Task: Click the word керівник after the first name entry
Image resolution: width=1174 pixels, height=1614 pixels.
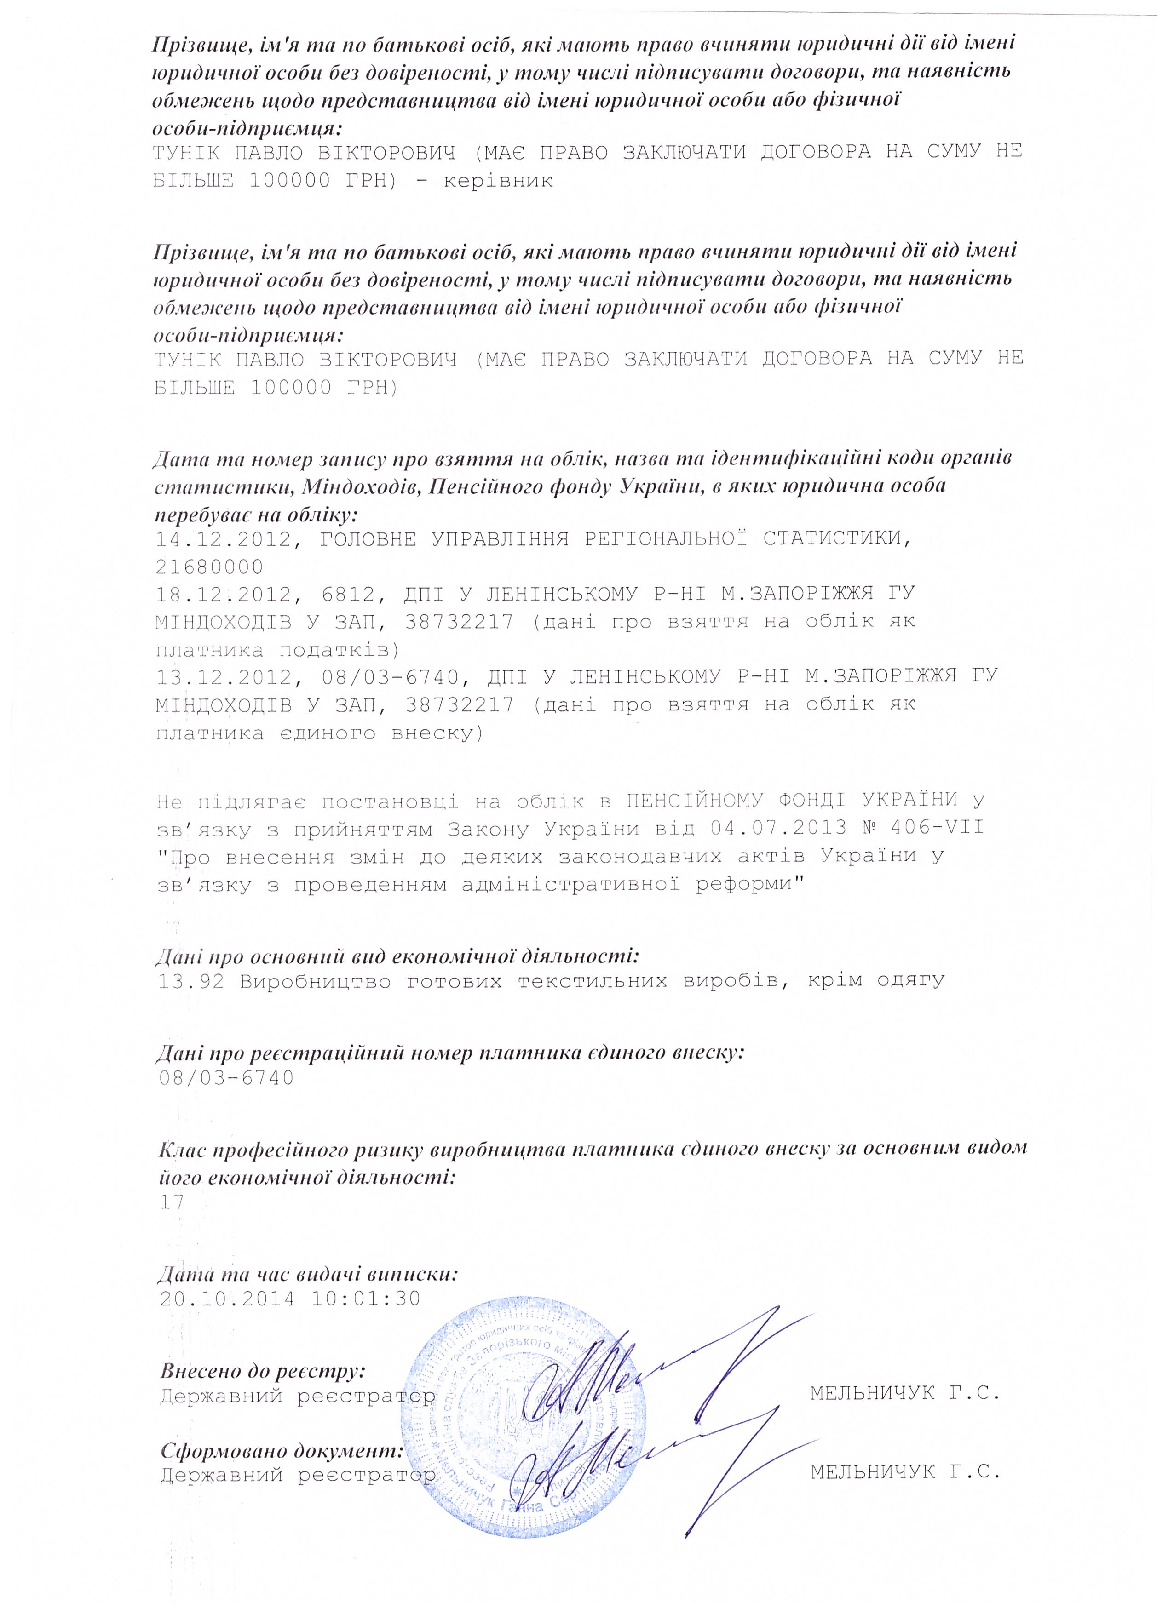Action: coord(498,181)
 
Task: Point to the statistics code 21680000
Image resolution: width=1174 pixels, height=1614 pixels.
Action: coord(209,567)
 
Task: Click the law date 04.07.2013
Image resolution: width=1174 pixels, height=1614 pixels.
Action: coord(779,828)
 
